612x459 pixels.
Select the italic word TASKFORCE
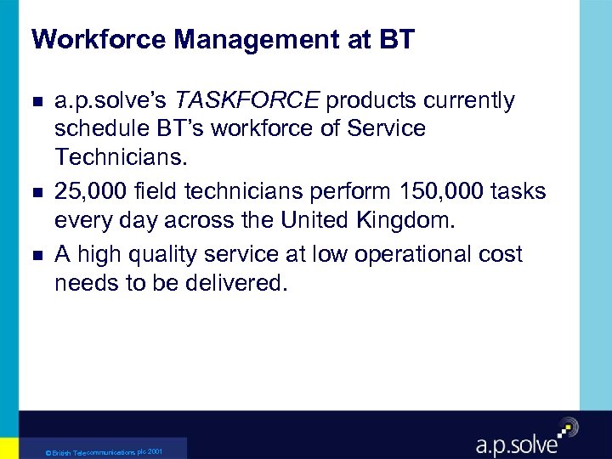point(246,101)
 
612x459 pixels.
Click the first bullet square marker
point(35,101)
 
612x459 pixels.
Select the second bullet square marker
point(35,191)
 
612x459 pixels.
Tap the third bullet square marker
point(35,254)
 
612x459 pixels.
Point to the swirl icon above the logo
point(567,427)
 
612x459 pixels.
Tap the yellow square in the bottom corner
point(8,448)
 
